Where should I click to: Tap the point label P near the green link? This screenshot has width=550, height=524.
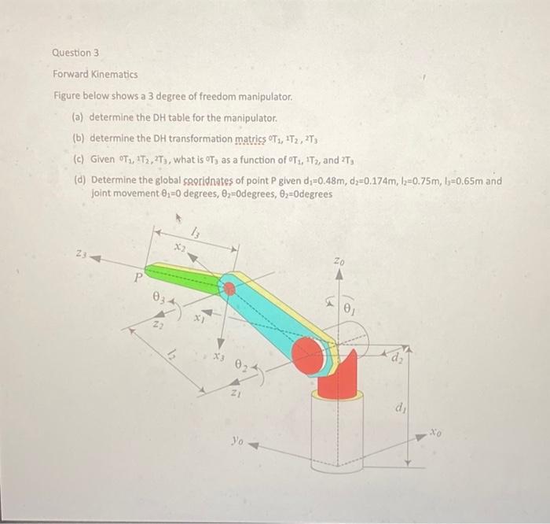pos(137,277)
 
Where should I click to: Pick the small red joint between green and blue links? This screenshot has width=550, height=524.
pos(229,289)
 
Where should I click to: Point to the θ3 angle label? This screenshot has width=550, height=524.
pos(159,299)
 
